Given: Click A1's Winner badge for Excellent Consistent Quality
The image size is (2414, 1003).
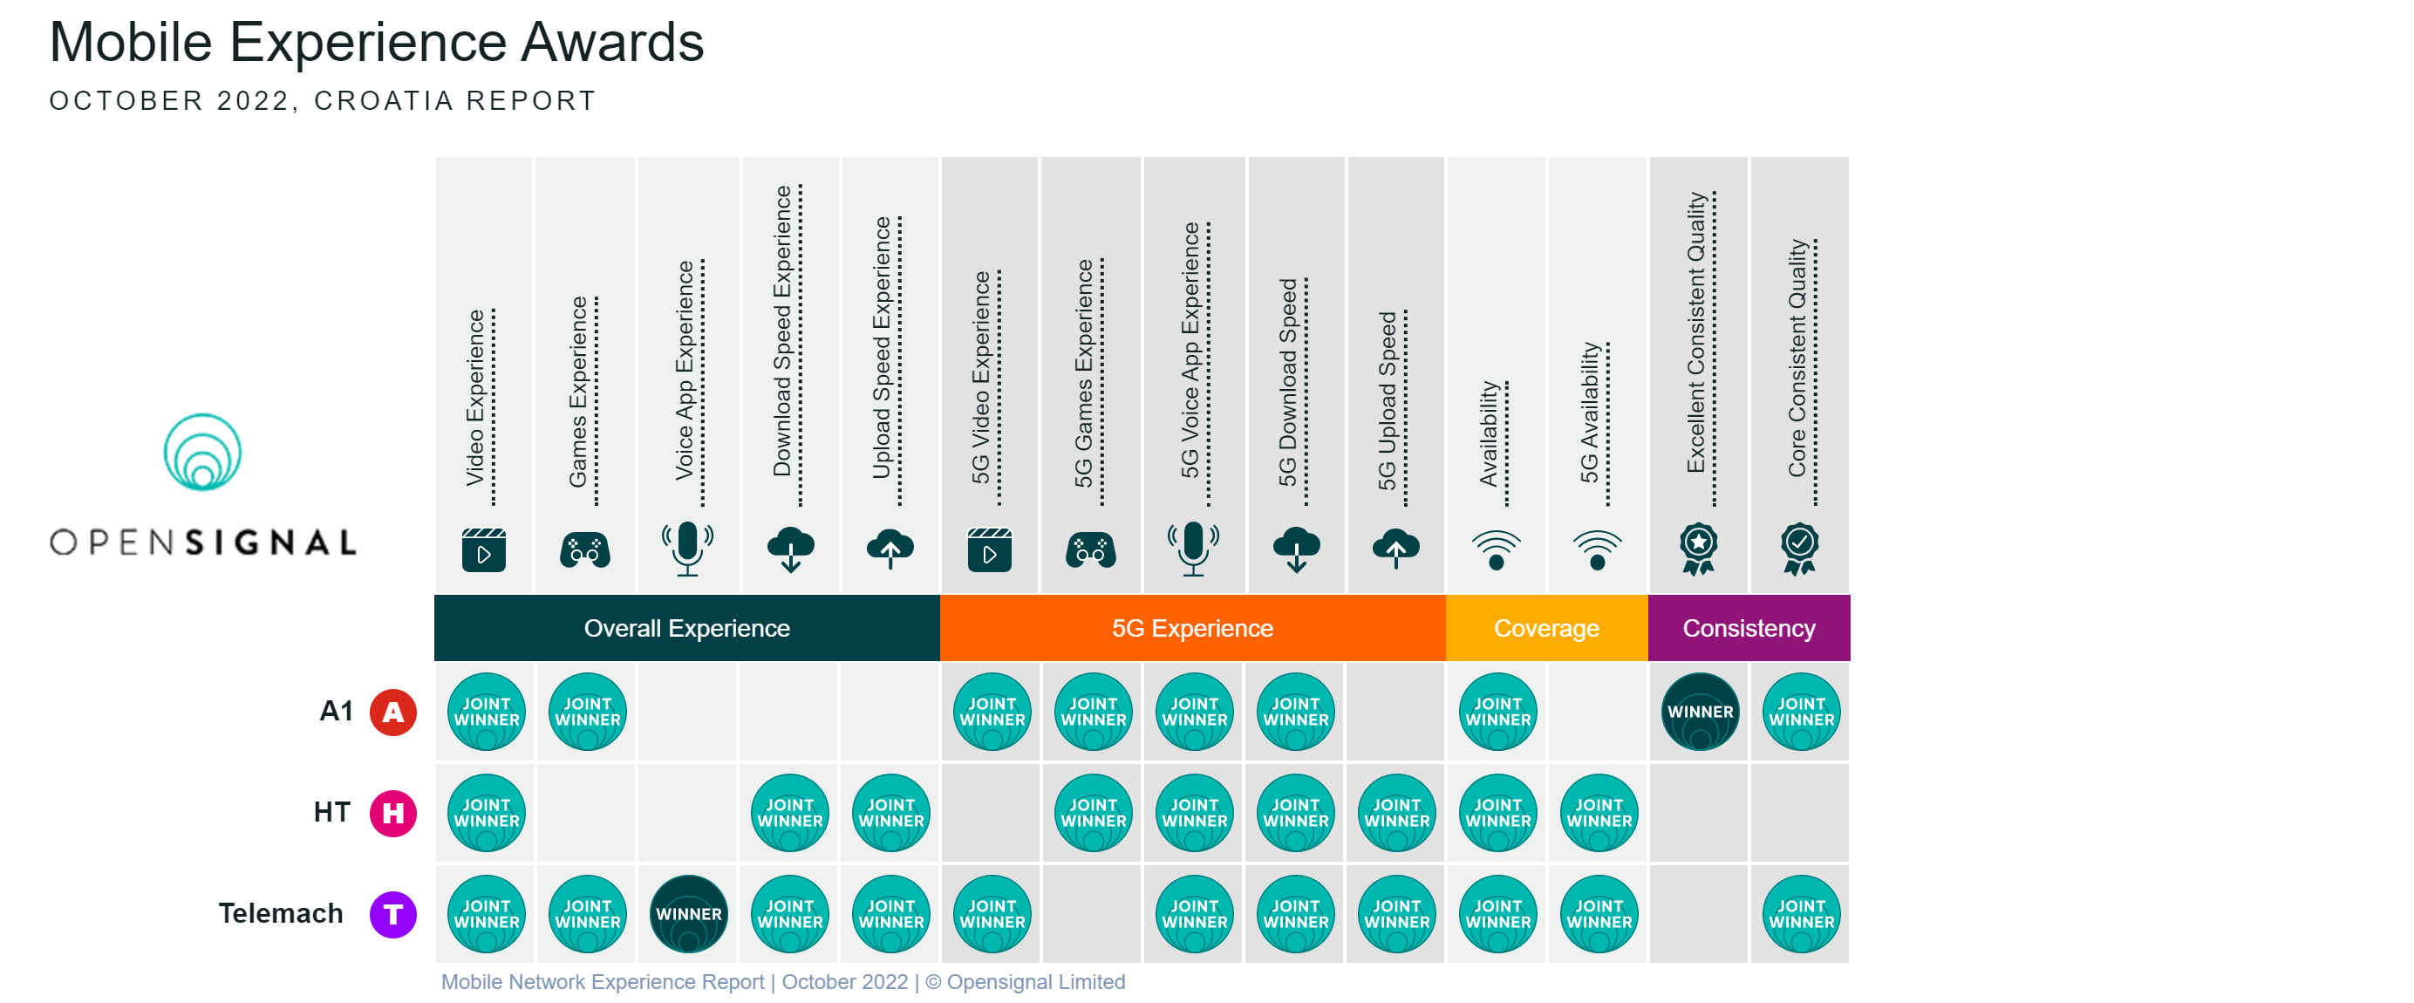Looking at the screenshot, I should point(1699,712).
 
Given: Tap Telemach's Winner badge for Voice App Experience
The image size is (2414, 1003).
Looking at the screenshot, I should point(688,914).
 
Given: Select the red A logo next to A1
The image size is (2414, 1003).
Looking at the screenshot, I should point(392,713).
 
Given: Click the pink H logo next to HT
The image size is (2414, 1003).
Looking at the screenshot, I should point(392,813).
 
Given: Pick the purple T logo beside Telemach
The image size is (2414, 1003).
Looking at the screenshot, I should point(392,914).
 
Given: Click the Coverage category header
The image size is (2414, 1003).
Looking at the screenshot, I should point(1545,628).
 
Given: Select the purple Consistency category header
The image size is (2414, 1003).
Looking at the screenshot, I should point(1748,628).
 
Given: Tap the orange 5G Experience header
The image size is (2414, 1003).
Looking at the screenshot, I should point(1191,628).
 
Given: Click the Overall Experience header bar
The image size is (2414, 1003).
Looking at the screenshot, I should point(686,628).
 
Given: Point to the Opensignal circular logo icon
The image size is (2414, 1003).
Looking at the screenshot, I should point(202,453).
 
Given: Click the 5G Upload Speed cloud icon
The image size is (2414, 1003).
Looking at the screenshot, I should point(1395,549).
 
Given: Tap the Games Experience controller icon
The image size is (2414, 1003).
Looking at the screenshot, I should point(585,550).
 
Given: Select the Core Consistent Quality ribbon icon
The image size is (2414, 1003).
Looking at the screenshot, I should point(1799,549).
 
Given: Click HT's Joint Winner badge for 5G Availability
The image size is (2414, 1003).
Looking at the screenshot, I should point(1598,813).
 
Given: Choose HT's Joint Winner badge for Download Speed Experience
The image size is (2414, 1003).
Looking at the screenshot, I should point(789,813).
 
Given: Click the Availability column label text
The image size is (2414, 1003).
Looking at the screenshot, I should point(1487,433).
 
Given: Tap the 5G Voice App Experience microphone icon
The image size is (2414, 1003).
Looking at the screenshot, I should point(1192,549).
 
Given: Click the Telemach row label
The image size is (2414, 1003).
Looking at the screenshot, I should point(280,914).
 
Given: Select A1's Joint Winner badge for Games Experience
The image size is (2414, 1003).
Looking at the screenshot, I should point(587,712).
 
